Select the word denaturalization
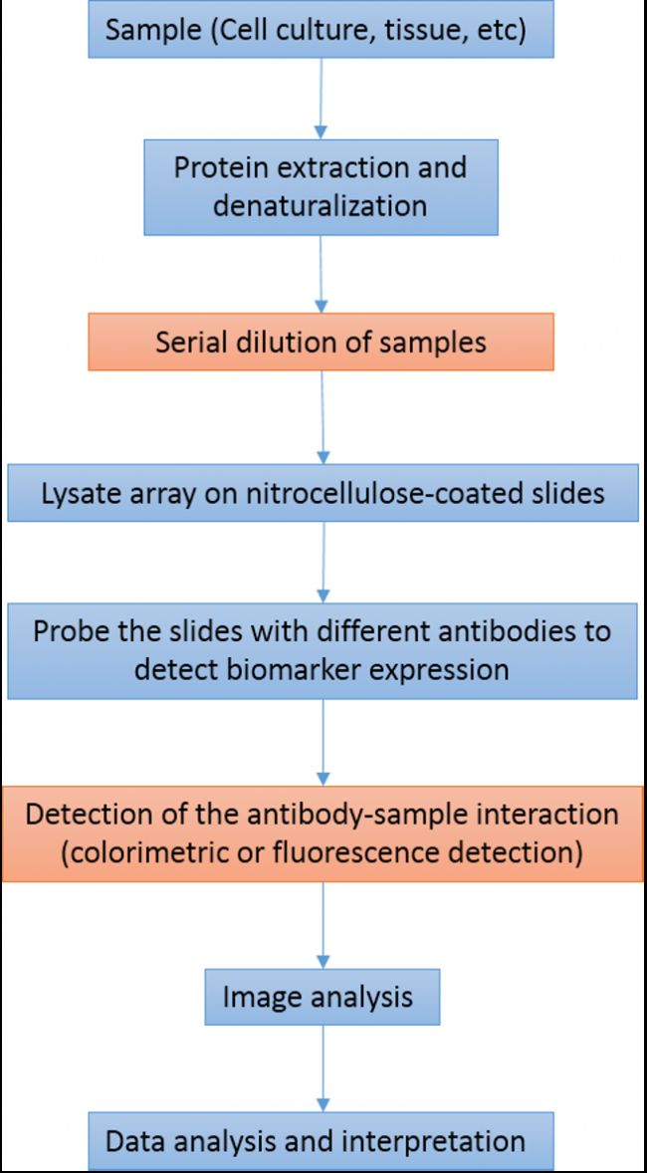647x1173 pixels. click(321, 205)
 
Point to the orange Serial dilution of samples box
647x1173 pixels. click(321, 342)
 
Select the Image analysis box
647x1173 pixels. click(323, 997)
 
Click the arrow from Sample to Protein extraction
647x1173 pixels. click(321, 99)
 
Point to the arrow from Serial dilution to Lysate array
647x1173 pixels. click(323, 417)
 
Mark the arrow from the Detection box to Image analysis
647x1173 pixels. click(323, 925)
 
